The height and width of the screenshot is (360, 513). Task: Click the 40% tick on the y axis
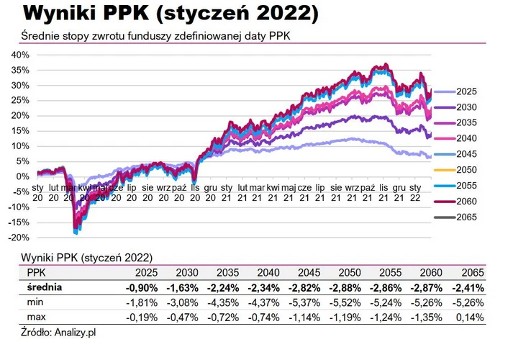pos(19,55)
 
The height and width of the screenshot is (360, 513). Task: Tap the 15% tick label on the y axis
pos(19,131)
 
